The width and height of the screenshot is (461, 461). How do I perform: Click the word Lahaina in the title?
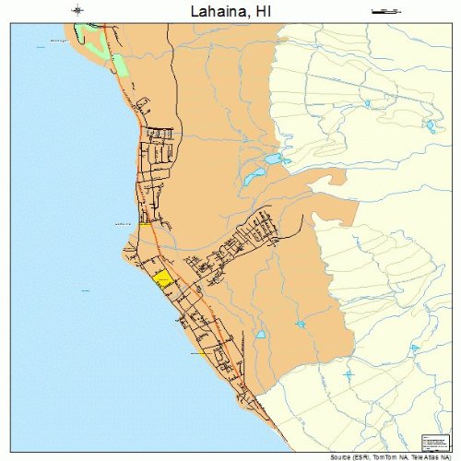pos(217,11)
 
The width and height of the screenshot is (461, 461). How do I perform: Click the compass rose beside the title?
pos(77,11)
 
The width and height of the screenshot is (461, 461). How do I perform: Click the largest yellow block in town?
pos(163,279)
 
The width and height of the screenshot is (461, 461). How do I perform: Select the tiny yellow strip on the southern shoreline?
pos(200,353)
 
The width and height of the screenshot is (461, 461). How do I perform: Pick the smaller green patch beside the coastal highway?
pos(118,66)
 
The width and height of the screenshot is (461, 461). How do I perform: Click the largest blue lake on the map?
pos(273,159)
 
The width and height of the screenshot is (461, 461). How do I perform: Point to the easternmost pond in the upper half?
pos(430,126)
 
